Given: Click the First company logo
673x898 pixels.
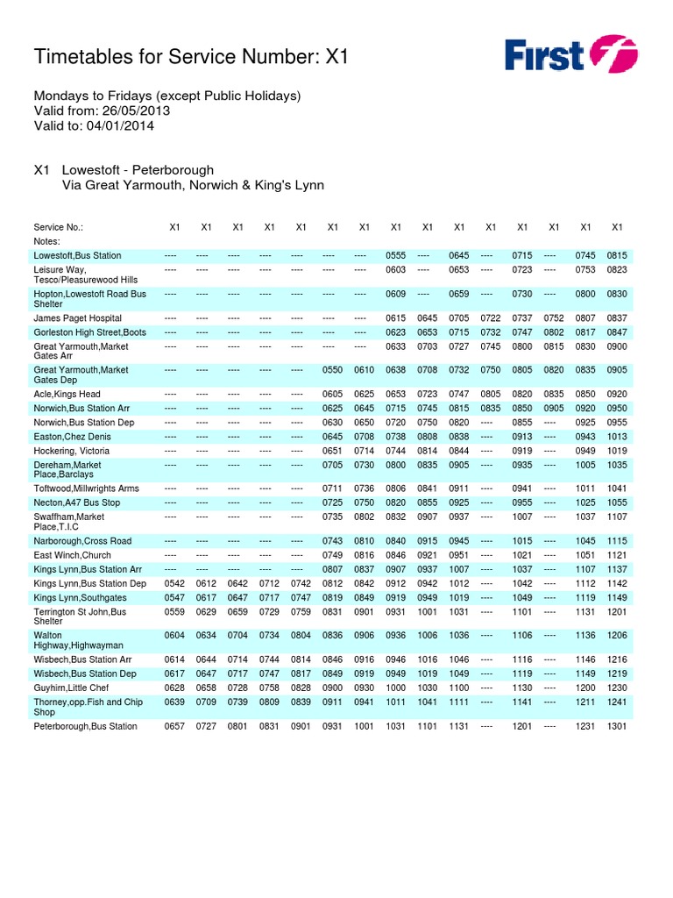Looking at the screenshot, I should click(x=570, y=54).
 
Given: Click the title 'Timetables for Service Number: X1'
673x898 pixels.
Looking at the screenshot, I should click(x=191, y=57).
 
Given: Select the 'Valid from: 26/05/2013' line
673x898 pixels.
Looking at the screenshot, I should click(x=102, y=110).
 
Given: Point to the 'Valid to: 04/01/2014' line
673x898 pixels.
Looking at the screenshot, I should click(x=94, y=125).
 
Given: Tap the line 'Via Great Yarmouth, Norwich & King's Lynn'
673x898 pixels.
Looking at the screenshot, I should click(x=193, y=185).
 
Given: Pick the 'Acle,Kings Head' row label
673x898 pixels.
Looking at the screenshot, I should click(x=67, y=395).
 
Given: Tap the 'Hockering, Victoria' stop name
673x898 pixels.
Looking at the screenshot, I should click(x=72, y=451).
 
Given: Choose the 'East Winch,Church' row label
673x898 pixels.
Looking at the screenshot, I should click(x=72, y=555).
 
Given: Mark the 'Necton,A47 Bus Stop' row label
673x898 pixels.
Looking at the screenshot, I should click(x=77, y=503).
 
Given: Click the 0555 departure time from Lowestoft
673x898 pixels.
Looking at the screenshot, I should click(x=396, y=255).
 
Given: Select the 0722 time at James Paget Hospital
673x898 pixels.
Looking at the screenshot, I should click(x=491, y=318).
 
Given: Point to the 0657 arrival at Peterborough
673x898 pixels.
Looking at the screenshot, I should click(x=175, y=726).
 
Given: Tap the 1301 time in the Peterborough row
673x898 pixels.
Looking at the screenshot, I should click(x=617, y=726).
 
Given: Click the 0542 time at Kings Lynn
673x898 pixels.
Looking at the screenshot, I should click(x=175, y=583).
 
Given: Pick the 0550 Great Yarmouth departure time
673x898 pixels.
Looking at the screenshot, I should click(x=333, y=370).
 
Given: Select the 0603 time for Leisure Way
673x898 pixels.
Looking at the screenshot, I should click(x=396, y=269).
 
